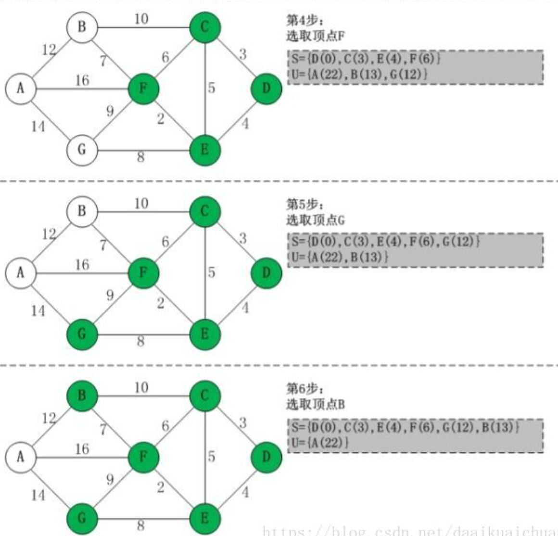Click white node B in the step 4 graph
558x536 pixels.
pos(82,27)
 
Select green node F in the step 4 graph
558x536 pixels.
pos(143,89)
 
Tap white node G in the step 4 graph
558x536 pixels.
pos(82,150)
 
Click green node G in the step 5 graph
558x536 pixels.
pos(82,334)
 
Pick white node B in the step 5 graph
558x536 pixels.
pos(82,211)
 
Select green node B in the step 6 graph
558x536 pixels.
pos(82,396)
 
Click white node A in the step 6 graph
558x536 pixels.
pos(20,457)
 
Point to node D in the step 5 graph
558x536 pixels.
pos(266,273)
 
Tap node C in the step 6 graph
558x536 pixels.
pos(205,396)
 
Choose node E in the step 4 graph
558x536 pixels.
pos(205,150)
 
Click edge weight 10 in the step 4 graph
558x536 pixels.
pos(141,20)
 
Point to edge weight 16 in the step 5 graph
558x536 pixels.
pos(82,265)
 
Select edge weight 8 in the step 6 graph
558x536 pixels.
pos(140,525)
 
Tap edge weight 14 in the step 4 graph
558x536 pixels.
pos(38,127)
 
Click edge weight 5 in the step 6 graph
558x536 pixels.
pos(211,456)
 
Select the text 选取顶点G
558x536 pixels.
pos(316,220)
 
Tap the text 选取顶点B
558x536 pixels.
pos(316,404)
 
